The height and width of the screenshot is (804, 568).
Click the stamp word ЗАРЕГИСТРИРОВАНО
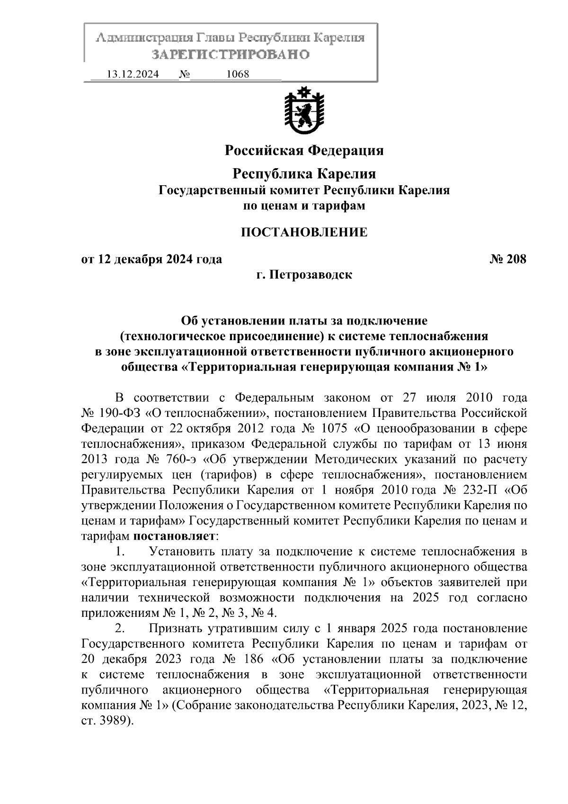tap(230, 54)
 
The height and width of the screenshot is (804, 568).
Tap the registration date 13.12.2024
tap(133, 74)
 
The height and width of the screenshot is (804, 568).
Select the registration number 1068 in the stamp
tap(238, 74)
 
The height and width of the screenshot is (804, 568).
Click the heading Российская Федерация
tap(304, 151)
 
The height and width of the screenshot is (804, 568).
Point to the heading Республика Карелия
tap(304, 174)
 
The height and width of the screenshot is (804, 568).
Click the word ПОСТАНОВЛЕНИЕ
tap(304, 232)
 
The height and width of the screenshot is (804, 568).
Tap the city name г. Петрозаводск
tap(304, 274)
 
